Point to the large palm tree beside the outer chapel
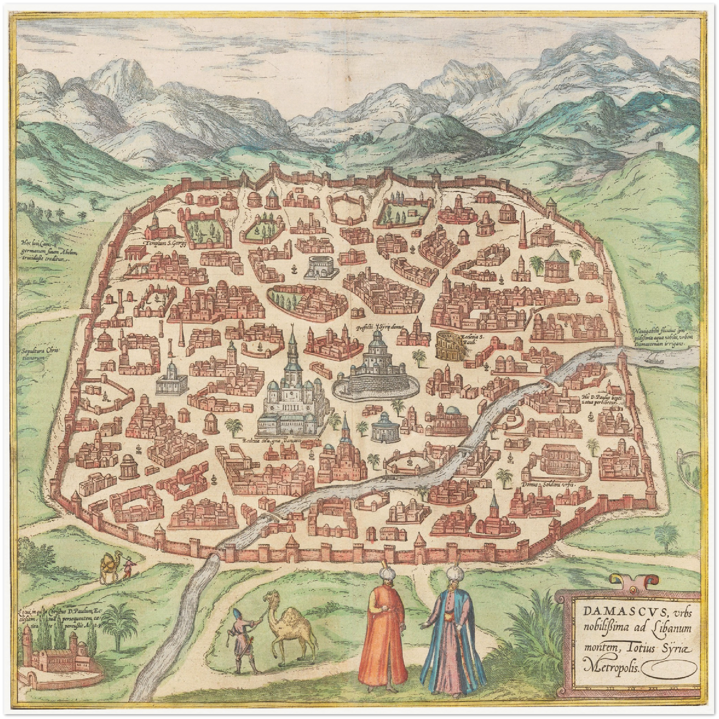tap(119, 625)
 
